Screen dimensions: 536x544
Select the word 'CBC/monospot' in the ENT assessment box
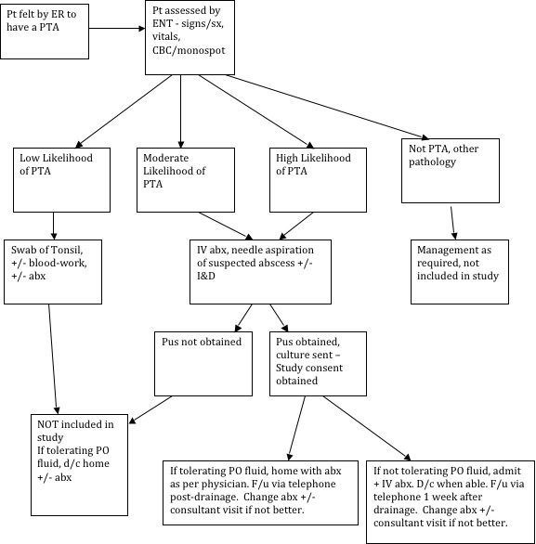tap(189, 50)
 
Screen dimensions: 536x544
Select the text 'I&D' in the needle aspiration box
tap(206, 276)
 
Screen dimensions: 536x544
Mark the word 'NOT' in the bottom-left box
tap(47, 424)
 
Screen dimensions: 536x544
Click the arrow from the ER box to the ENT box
tap(117, 28)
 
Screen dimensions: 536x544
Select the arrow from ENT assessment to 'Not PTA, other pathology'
tap(327, 107)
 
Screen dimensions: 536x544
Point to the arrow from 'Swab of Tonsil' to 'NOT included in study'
tap(52, 359)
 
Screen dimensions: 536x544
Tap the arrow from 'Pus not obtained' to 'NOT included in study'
tap(150, 409)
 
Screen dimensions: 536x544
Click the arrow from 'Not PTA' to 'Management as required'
tap(452, 223)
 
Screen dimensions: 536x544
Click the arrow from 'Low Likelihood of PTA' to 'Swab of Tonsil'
tap(54, 226)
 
